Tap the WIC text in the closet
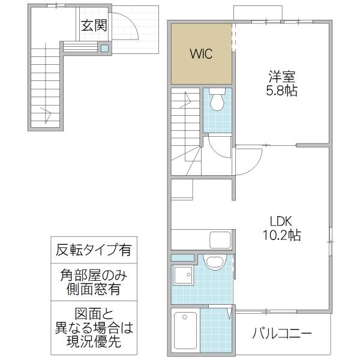(201, 54)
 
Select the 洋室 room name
(282, 77)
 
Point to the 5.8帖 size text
(282, 91)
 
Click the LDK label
(281, 220)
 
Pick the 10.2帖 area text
(281, 235)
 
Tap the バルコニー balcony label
(281, 333)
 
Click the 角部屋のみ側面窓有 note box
(93, 282)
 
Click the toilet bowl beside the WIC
(217, 101)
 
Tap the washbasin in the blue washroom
(213, 262)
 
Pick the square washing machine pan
(182, 276)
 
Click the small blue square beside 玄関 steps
(105, 48)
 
